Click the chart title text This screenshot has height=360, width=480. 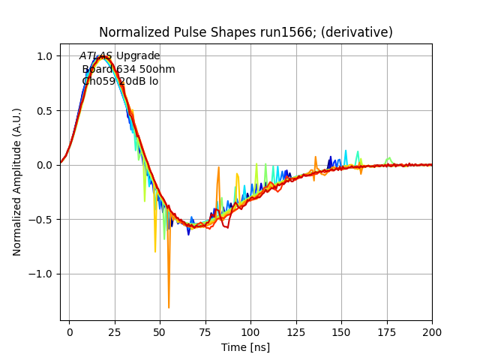tap(246, 32)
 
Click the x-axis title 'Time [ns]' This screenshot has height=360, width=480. tap(245, 347)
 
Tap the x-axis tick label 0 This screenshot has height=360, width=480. tap(69, 331)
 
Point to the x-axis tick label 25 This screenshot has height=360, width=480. tap(115, 331)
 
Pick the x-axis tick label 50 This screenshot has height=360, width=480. tap(160, 331)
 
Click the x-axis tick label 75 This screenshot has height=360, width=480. tap(205, 331)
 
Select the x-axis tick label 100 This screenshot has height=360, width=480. tap(250, 331)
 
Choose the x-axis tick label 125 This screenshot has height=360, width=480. tap(296, 331)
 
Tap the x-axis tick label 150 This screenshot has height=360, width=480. tap(341, 331)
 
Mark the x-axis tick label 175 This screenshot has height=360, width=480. tap(387, 331)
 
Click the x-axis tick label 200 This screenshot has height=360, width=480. tap(432, 331)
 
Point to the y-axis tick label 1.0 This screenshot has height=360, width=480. tap(45, 56)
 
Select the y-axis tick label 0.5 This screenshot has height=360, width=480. tap(45, 111)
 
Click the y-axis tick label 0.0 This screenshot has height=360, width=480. tap(45, 165)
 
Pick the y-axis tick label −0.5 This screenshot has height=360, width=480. tap(41, 220)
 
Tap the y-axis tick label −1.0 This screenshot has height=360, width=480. tap(41, 274)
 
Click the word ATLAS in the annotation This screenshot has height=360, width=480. tap(96, 56)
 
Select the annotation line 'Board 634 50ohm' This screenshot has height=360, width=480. tap(128, 69)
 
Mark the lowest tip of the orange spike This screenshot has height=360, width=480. tap(169, 307)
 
